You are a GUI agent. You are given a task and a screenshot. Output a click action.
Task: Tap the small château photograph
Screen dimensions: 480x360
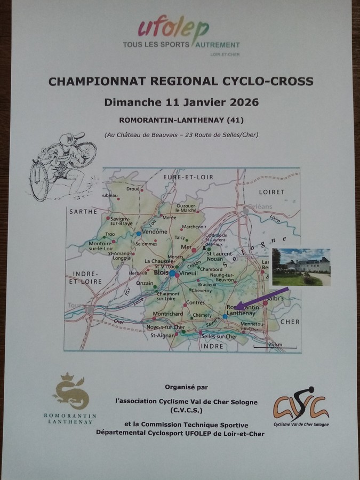(x=301, y=267)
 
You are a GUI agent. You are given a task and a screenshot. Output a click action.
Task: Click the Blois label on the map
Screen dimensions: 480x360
(x=160, y=272)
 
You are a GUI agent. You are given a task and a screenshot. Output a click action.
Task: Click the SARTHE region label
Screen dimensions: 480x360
(x=83, y=212)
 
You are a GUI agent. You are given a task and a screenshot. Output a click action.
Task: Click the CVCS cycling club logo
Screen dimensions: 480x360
(x=301, y=405)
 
